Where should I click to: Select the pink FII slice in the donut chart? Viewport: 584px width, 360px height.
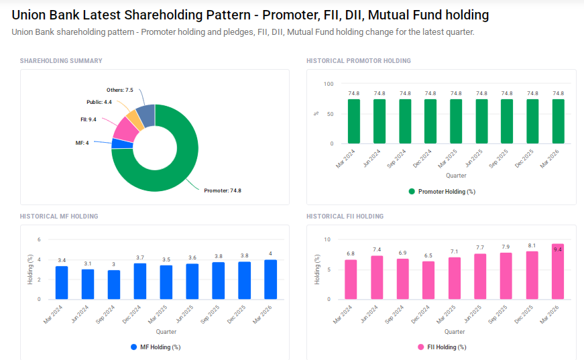coord(125,128)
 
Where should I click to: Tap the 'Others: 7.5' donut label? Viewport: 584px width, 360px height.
coord(120,90)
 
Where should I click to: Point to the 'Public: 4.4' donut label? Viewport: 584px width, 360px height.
coord(99,102)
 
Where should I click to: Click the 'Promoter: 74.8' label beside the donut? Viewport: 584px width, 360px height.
coord(222,190)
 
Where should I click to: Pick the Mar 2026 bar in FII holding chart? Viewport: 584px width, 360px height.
coord(558,272)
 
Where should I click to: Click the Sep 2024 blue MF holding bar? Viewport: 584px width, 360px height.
coord(114,284)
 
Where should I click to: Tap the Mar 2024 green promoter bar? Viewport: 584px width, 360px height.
coord(354,121)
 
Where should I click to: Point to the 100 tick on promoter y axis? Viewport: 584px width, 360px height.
coord(328,84)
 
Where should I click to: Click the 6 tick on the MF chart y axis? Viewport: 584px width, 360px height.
coord(39,239)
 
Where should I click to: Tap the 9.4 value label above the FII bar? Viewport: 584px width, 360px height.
coord(558,248)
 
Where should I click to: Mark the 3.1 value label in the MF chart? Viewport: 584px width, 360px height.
coord(88,263)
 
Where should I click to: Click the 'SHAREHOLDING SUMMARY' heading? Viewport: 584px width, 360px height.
coord(61,61)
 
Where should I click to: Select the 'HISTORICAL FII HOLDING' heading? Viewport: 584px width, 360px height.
coord(345,217)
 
